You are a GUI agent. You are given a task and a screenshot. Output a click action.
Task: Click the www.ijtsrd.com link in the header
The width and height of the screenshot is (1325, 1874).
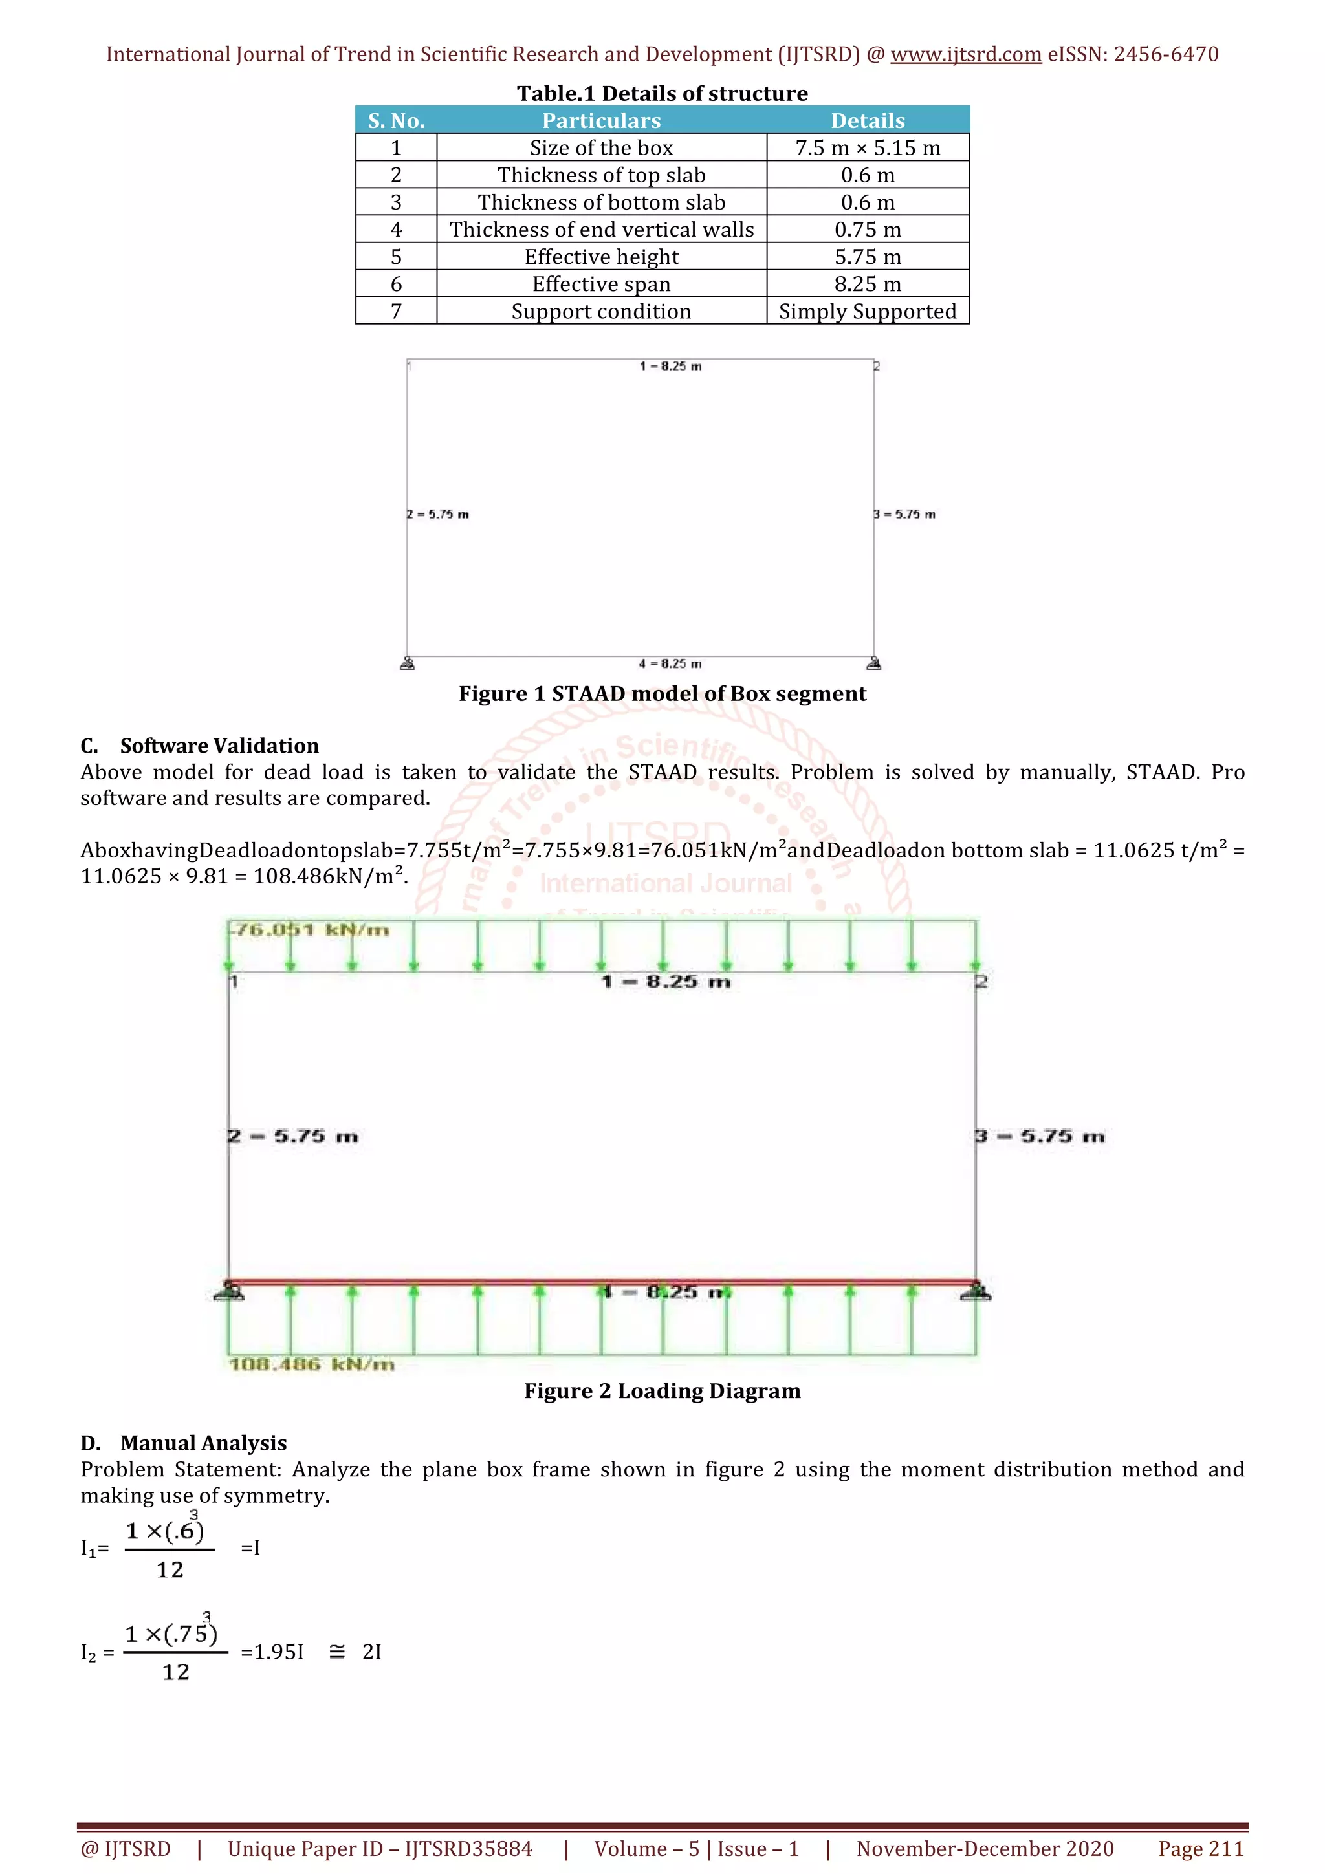965,55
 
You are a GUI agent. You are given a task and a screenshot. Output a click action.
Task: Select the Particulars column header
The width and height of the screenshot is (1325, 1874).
601,121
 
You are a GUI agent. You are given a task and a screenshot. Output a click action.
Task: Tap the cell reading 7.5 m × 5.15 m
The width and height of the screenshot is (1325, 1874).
867,147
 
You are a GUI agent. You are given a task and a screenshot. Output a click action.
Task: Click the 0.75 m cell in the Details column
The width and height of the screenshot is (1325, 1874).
867,230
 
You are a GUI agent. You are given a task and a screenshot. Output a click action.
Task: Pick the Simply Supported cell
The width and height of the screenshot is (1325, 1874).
867,311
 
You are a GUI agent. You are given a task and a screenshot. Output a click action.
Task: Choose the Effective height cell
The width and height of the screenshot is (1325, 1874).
601,257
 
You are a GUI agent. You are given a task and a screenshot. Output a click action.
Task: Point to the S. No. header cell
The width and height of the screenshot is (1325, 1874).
396,121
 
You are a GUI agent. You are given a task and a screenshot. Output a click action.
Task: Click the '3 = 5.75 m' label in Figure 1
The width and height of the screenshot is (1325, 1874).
904,514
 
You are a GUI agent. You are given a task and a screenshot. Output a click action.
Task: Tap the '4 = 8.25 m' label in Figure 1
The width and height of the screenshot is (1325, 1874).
670,663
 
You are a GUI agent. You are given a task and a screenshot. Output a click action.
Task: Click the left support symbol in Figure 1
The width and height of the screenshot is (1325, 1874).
408,663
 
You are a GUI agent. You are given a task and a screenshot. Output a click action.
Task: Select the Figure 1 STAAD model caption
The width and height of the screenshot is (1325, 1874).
662,694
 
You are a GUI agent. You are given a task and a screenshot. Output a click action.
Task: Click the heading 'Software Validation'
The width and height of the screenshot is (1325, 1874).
219,745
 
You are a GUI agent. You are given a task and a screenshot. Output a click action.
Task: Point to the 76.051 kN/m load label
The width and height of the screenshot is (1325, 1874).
311,930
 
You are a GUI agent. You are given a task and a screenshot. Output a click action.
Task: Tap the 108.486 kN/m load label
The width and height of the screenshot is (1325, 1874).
312,1364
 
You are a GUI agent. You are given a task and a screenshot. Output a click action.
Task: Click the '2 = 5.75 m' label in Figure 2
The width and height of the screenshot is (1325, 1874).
293,1136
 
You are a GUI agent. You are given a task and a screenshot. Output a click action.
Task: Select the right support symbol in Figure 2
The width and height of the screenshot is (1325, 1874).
976,1291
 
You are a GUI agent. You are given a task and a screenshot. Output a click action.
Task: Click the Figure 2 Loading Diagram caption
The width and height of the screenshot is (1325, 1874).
662,1391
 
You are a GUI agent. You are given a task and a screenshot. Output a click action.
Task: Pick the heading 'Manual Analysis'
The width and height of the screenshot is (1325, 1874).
203,1443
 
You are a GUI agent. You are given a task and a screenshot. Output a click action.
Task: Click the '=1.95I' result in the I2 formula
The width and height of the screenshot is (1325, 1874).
272,1652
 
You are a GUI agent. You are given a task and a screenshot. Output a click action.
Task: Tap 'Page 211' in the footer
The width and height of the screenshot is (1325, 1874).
1200,1849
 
